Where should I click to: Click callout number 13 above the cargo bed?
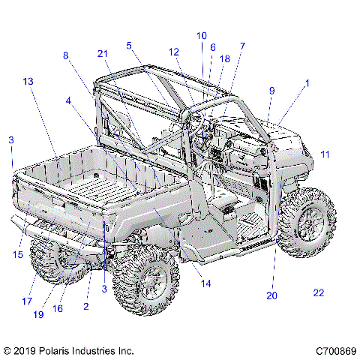point(28,81)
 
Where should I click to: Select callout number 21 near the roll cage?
point(103,52)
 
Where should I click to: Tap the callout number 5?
point(129,46)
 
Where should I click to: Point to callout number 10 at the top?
point(201,35)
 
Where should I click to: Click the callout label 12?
point(174,52)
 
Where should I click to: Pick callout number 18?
point(224,58)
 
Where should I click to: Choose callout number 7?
point(241,46)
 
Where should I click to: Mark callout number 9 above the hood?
point(271,90)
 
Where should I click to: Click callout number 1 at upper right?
point(307,85)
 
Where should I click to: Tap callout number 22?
point(319,292)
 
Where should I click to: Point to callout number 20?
point(271,295)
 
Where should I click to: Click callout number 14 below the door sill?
point(205,283)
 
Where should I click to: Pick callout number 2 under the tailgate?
point(86,307)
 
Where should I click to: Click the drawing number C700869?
point(335,350)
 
